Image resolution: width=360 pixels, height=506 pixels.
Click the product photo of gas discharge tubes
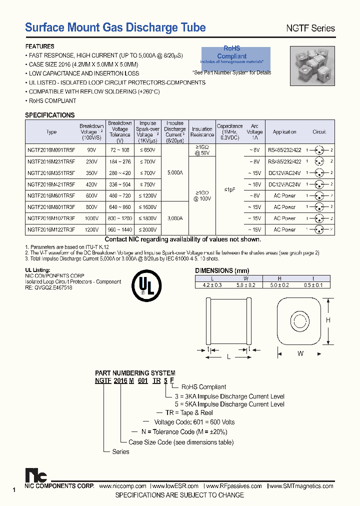pyautogui.click(x=311, y=66)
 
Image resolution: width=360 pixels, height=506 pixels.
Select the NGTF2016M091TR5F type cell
pyautogui.click(x=51, y=149)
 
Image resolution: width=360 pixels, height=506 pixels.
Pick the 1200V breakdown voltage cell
pyautogui.click(x=91, y=229)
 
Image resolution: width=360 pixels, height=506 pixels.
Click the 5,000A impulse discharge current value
pyautogui.click(x=175, y=172)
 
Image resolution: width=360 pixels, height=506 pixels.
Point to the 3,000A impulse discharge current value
pyautogui.click(x=175, y=218)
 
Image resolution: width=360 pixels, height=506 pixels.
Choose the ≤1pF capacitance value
pyautogui.click(x=229, y=189)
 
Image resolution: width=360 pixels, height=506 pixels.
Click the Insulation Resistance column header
pyautogui.click(x=202, y=132)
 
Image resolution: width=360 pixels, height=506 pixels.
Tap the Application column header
pyautogui.click(x=284, y=132)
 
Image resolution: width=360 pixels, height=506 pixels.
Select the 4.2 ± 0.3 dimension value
pyautogui.click(x=212, y=285)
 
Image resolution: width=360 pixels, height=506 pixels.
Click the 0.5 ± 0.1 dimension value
pyautogui.click(x=313, y=285)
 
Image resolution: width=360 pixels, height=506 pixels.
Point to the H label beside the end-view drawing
pyautogui.click(x=328, y=320)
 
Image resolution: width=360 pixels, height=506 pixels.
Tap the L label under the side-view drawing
pyautogui.click(x=228, y=357)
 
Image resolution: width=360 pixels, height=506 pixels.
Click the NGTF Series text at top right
pyautogui.click(x=310, y=28)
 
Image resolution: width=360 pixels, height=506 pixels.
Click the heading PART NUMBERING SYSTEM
pyautogui.click(x=135, y=373)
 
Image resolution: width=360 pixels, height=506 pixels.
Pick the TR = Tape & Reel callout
pyautogui.click(x=183, y=413)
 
